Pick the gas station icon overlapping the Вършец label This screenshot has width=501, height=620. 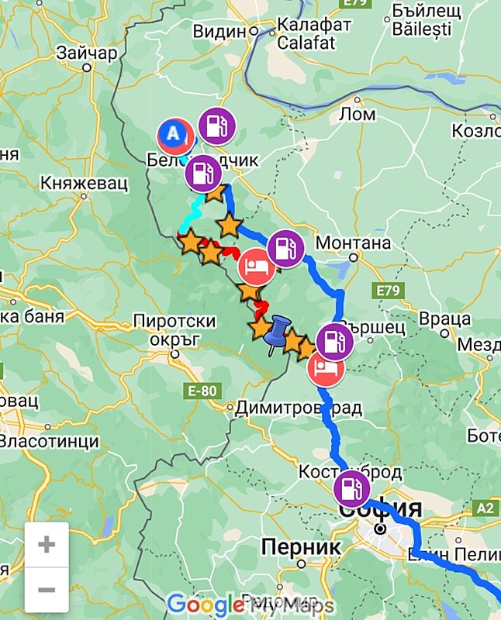pyautogui.click(x=334, y=341)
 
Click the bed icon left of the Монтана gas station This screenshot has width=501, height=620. pyautogui.click(x=254, y=267)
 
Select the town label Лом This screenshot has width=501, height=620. pyautogui.click(x=358, y=115)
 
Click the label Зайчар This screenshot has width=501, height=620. pyautogui.click(x=87, y=53)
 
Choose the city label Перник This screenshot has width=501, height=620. pyautogui.click(x=300, y=547)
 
